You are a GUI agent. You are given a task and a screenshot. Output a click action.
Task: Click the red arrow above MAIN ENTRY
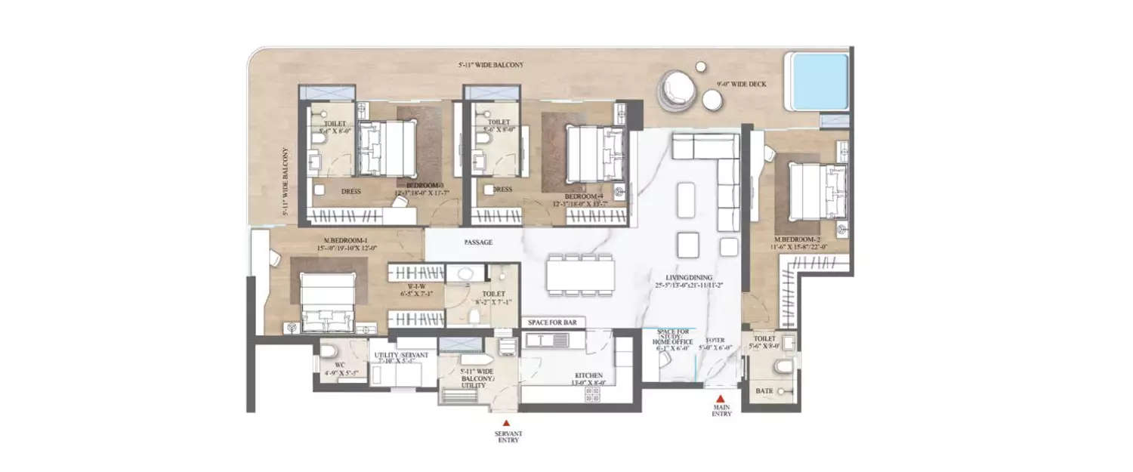pos(721,397)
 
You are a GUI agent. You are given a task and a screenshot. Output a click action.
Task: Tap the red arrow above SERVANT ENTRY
pos(507,422)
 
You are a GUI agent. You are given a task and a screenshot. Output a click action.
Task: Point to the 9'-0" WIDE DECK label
pos(742,84)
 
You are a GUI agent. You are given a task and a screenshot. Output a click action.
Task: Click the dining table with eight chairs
pos(581,274)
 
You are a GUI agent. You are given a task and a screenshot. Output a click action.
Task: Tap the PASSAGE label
pos(478,242)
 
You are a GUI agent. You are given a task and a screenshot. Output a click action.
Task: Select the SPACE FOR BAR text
pos(552,322)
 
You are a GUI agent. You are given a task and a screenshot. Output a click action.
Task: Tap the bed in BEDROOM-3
pos(386,149)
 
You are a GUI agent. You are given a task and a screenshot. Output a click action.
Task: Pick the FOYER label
pos(715,341)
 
